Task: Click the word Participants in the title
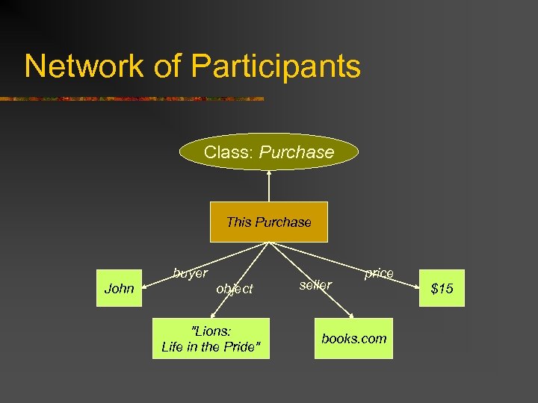pos(276,66)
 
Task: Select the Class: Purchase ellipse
pos(269,152)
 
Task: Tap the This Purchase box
pos(268,222)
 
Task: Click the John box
pos(120,288)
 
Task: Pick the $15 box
pos(442,288)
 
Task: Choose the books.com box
pos(354,338)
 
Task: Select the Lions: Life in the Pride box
pos(211,338)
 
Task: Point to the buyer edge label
pos(190,273)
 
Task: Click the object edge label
pos(235,288)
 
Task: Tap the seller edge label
pos(315,284)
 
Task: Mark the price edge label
pos(379,273)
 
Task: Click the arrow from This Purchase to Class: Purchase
pos(269,187)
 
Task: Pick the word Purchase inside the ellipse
pos(297,152)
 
